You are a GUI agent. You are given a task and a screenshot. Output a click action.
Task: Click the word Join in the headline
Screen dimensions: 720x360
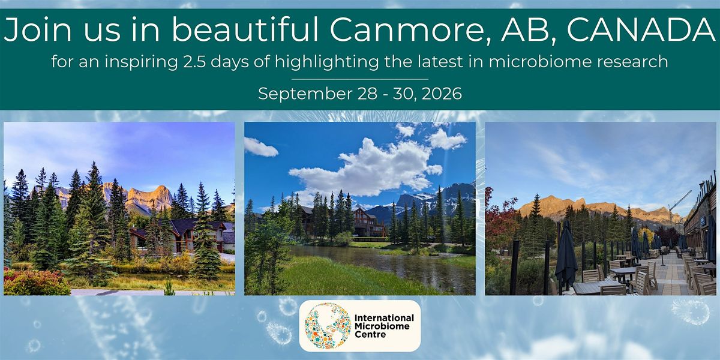tap(38, 29)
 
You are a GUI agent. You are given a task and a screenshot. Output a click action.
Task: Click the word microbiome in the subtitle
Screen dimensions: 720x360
tap(540, 61)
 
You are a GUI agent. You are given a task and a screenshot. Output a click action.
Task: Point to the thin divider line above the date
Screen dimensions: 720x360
tap(360, 79)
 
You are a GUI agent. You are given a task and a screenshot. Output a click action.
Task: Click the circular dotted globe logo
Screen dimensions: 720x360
tap(328, 326)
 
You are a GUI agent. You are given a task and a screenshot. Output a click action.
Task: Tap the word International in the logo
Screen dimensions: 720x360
tap(384, 318)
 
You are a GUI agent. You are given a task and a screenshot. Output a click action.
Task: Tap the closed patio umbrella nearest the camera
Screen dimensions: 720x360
tap(566, 254)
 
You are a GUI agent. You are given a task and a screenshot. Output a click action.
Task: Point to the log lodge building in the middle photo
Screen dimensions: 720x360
tap(368, 223)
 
